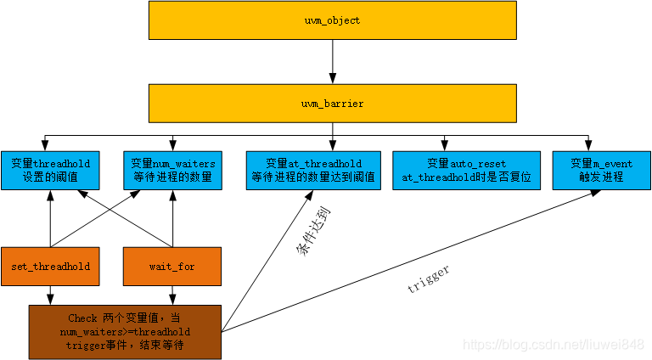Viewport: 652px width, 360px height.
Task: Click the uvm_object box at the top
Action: [332, 20]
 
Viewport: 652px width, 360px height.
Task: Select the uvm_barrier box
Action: [332, 103]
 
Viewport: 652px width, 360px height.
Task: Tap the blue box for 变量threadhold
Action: [50, 170]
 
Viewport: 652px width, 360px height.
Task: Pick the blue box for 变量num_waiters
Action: [172, 170]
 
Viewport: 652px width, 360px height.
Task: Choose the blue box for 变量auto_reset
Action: [466, 170]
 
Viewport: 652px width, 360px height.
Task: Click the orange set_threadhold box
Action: [50, 266]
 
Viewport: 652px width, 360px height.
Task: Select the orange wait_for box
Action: [172, 266]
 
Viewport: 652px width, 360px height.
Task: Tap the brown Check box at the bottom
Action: [125, 331]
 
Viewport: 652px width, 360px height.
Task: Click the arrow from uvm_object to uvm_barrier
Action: [332, 60]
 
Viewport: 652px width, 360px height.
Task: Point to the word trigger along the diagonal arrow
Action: [429, 279]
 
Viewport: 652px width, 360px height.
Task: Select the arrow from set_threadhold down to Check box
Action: [50, 295]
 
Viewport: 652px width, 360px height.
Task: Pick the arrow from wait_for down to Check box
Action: [172, 295]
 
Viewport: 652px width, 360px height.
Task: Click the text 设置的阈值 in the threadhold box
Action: [50, 177]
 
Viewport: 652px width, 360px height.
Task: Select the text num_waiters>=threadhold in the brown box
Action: [125, 331]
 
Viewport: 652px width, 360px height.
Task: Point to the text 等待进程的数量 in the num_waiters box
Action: [172, 177]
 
